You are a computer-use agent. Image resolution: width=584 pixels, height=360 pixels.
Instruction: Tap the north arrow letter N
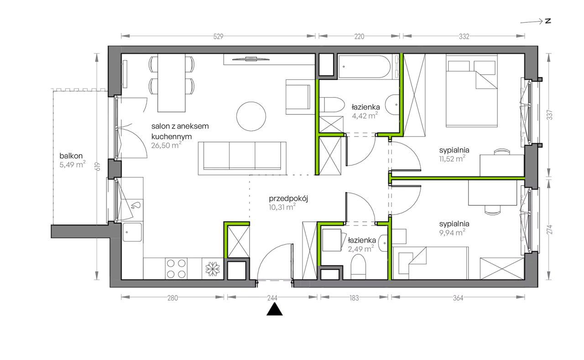548,21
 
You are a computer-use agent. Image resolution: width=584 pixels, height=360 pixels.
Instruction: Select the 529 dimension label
218,37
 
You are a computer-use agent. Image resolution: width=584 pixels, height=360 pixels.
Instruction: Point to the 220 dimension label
359,37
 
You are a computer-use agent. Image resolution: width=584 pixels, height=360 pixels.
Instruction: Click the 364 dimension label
458,298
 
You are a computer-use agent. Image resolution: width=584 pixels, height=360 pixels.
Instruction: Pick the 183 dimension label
354,298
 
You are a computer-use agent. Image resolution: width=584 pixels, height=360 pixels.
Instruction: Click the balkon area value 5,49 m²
73,165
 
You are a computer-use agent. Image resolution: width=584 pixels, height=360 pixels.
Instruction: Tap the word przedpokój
288,199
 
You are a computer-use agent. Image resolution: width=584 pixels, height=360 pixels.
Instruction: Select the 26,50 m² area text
167,145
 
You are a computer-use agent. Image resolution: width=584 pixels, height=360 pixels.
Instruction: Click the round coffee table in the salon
251,116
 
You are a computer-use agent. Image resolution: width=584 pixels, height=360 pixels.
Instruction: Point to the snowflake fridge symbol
213,269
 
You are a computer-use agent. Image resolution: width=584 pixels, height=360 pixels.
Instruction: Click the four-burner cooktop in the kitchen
176,269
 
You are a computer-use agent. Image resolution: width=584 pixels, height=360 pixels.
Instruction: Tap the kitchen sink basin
132,232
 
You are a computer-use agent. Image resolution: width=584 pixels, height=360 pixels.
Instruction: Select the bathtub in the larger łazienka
365,67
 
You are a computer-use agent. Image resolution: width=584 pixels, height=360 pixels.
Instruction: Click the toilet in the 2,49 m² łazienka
358,266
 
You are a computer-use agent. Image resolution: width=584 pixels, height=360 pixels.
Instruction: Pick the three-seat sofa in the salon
242,158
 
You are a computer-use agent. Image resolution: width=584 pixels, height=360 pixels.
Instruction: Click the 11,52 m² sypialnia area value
452,159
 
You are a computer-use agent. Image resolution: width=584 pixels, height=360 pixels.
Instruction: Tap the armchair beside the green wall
298,97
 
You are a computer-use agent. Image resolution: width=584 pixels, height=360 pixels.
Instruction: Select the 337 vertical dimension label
549,115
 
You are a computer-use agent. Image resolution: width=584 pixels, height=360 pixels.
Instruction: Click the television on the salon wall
250,59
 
